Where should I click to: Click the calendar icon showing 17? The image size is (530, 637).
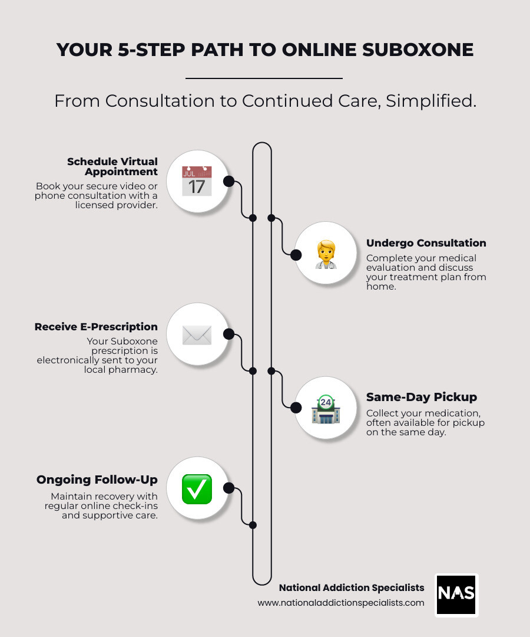tap(197, 180)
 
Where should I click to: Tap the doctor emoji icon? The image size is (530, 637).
tap(325, 254)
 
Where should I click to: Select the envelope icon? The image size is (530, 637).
tap(197, 335)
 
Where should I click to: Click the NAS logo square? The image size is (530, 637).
tap(456, 595)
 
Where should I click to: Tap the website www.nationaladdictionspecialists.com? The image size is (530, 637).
tap(341, 603)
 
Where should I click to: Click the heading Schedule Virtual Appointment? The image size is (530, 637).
tap(112, 166)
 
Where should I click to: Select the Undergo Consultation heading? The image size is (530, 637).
tap(426, 243)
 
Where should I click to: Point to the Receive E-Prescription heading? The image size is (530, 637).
tap(96, 327)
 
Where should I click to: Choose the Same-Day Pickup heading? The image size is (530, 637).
tap(422, 397)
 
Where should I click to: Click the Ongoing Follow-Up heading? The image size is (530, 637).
tap(97, 480)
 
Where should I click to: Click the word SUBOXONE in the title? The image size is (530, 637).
tap(418, 50)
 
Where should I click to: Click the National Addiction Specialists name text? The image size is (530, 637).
tap(352, 587)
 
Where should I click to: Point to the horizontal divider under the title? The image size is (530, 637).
tap(264, 78)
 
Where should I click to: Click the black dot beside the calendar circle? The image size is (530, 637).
tap(229, 181)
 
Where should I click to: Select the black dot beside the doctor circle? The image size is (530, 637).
tap(296, 254)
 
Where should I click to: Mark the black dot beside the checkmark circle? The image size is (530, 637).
tap(229, 488)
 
